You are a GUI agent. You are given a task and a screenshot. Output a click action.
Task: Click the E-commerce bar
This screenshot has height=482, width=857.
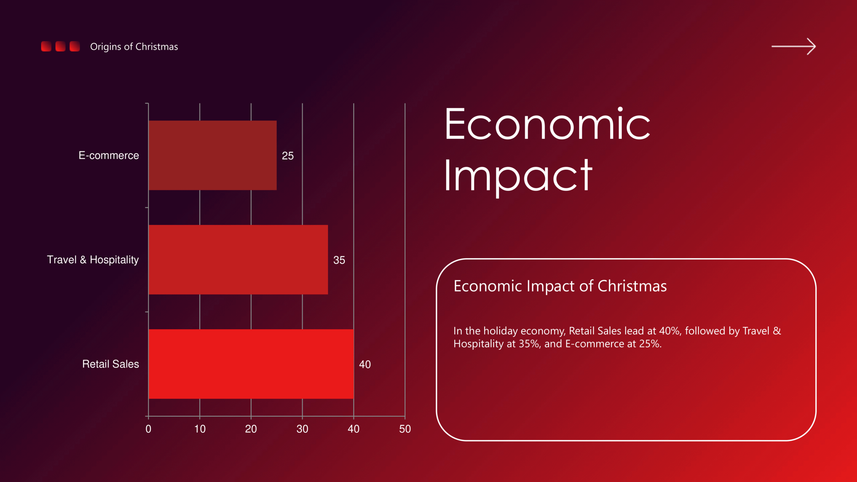tap(213, 155)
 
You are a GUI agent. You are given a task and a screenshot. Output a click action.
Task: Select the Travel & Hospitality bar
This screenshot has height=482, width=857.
tap(238, 260)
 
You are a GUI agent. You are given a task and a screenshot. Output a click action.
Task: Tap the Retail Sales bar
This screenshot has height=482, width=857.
tap(251, 364)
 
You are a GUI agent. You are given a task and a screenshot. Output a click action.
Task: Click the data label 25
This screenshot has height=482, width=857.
tap(288, 156)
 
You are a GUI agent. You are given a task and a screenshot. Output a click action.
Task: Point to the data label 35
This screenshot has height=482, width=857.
tap(339, 260)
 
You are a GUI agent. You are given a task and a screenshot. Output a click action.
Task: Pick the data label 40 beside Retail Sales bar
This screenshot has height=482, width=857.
tap(365, 364)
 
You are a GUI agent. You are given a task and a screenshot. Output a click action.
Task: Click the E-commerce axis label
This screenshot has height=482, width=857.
tap(108, 155)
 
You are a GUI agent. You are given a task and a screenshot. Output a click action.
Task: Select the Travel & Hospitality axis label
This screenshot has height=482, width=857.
tap(93, 260)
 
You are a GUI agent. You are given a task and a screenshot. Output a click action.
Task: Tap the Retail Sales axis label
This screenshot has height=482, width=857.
tap(110, 364)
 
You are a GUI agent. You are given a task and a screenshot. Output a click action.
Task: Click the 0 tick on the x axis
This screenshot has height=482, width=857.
tap(148, 429)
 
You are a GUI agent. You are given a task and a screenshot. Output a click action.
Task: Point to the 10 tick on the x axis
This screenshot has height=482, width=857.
tap(200, 429)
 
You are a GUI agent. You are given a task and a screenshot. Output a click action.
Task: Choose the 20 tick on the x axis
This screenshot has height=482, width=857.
tap(251, 429)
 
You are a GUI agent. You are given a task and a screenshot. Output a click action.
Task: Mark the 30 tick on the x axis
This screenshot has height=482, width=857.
tap(302, 429)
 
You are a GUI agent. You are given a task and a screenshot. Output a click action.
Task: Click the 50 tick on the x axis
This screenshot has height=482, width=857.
tap(405, 429)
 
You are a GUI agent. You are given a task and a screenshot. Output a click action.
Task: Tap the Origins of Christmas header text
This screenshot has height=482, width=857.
tap(134, 47)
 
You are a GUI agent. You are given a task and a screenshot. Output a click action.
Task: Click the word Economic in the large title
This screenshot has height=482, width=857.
tap(547, 124)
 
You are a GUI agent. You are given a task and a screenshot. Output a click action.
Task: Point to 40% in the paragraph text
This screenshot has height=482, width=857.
tap(670, 331)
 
